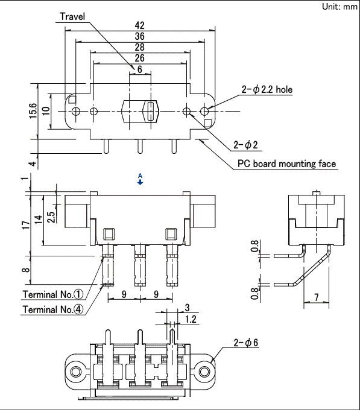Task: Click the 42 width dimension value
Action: coord(139,25)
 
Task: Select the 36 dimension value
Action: coord(139,36)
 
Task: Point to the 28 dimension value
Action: coord(139,47)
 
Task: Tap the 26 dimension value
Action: coord(139,58)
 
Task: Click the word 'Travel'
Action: coord(73,16)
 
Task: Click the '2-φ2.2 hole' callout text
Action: coord(267,90)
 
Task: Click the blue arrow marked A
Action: coord(140,180)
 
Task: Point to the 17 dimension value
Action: coord(23,224)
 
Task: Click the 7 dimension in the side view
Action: coord(316,298)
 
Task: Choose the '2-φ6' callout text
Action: coord(246,343)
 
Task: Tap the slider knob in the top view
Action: coord(149,112)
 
